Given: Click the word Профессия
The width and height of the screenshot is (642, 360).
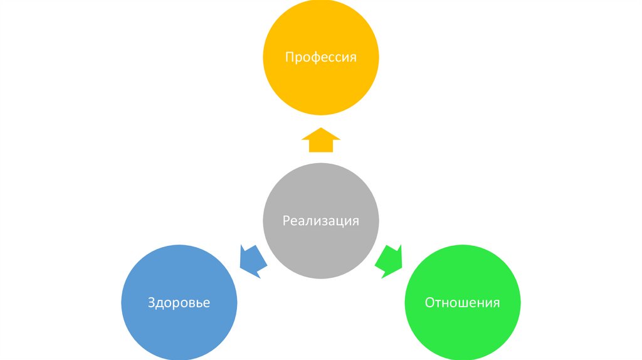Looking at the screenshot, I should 320,58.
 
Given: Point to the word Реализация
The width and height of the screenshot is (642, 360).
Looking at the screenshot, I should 320,221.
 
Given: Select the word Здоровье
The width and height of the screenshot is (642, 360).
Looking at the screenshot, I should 179,304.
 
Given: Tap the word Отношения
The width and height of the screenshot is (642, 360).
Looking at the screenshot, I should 463,303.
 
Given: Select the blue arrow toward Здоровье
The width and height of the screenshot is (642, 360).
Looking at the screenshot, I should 253,260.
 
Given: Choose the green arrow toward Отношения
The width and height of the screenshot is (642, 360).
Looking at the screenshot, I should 389,260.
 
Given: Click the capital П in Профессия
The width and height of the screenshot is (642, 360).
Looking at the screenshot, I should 290,58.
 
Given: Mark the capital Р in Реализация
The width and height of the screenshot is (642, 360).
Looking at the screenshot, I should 286,221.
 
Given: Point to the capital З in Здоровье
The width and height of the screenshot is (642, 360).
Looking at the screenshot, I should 151,304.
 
